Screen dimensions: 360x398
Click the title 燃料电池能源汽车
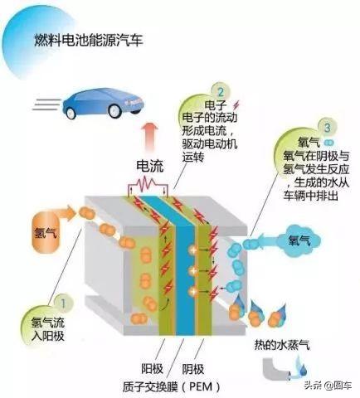click(89, 41)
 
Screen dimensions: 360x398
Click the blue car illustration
click(104, 103)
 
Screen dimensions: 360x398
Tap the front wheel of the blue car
click(114, 110)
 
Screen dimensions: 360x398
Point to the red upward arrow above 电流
click(150, 138)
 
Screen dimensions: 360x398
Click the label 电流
click(150, 166)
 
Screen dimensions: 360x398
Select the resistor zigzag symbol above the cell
click(148, 185)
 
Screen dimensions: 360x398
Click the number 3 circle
click(328, 128)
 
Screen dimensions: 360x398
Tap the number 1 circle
click(64, 303)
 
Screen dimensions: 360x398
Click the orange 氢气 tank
click(46, 232)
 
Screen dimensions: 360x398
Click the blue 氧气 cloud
click(299, 240)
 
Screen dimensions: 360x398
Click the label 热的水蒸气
click(282, 346)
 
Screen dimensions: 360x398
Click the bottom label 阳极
click(153, 369)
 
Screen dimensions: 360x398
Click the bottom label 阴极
click(193, 369)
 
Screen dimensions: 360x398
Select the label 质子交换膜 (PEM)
click(172, 386)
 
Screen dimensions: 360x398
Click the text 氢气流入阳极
click(48, 328)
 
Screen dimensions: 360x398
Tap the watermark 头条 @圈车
click(328, 385)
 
